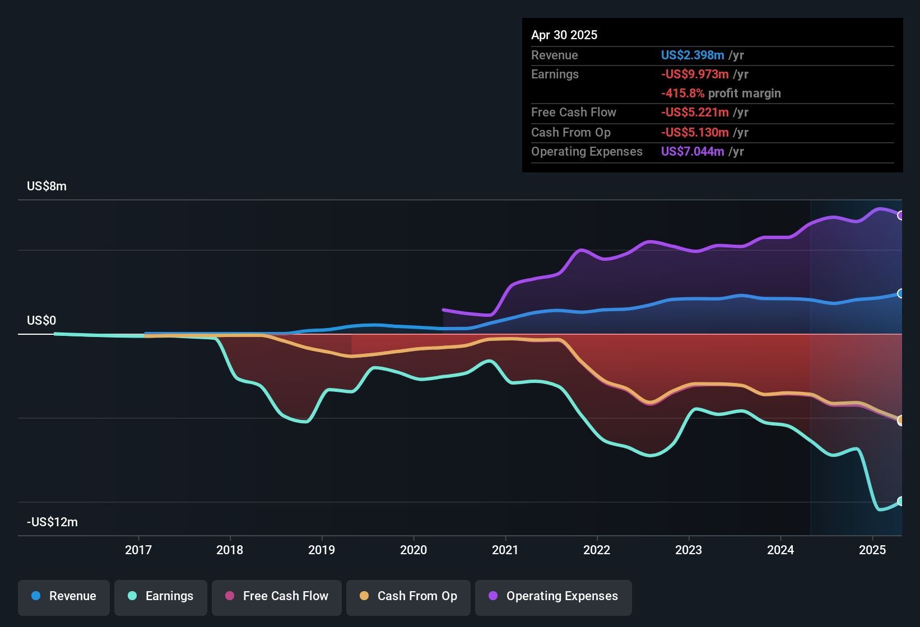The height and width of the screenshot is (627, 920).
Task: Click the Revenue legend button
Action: click(x=64, y=596)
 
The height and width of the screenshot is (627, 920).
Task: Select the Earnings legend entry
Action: click(x=161, y=596)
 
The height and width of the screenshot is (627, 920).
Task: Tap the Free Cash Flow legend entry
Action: click(x=277, y=596)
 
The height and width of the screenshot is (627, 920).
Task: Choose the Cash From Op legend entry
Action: click(x=408, y=596)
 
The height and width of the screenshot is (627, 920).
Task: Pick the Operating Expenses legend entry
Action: click(x=554, y=596)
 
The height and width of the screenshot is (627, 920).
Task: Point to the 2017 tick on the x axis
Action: click(x=138, y=550)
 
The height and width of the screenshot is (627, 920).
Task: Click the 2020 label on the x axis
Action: click(x=413, y=550)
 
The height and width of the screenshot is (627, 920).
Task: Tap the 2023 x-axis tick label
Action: click(x=689, y=550)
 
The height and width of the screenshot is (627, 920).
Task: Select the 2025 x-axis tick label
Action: click(x=872, y=550)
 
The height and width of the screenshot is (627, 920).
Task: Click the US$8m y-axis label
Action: click(x=47, y=186)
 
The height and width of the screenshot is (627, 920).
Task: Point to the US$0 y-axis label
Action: click(x=41, y=321)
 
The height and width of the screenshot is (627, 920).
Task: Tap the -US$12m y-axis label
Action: click(x=52, y=522)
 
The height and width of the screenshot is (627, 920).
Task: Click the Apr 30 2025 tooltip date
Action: click(x=564, y=35)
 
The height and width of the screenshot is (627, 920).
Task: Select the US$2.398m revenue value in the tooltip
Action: click(x=693, y=55)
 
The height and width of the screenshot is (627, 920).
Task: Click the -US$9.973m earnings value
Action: click(x=695, y=74)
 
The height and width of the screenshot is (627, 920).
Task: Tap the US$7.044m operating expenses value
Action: click(x=693, y=152)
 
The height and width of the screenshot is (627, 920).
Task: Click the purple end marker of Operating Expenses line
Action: click(x=900, y=216)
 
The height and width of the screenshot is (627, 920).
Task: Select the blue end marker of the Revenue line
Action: click(x=900, y=293)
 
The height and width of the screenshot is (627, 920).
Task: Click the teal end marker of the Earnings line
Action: click(x=900, y=501)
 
